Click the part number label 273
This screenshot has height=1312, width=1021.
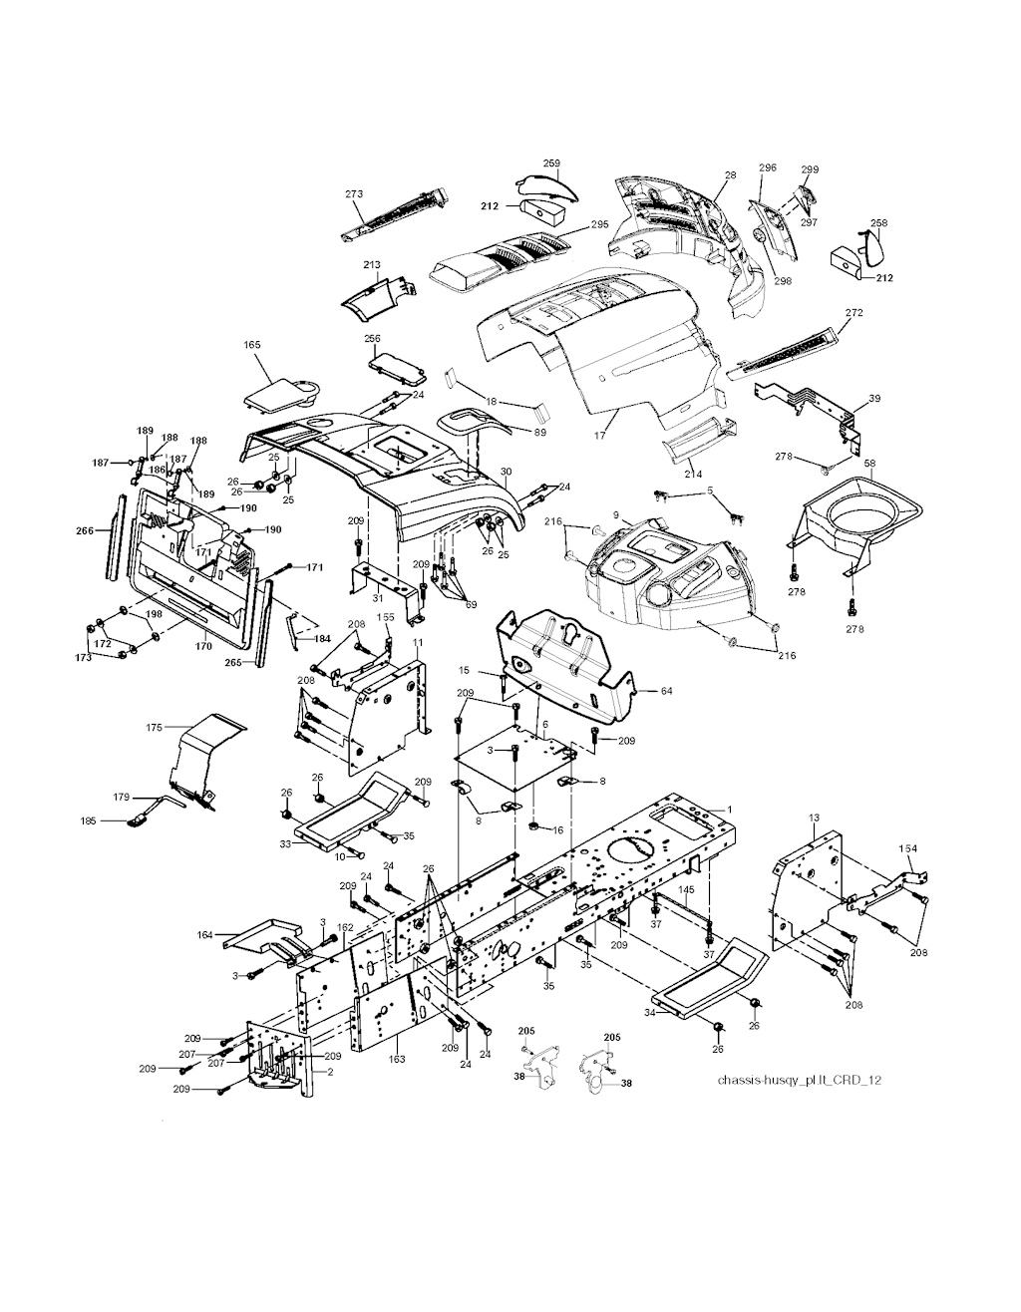click(353, 193)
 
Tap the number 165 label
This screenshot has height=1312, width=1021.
click(252, 345)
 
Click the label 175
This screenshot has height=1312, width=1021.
click(154, 728)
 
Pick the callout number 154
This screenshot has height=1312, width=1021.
click(908, 848)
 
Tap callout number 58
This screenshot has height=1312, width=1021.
click(869, 466)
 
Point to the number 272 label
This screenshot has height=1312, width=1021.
click(853, 313)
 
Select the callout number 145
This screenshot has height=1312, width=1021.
click(686, 889)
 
